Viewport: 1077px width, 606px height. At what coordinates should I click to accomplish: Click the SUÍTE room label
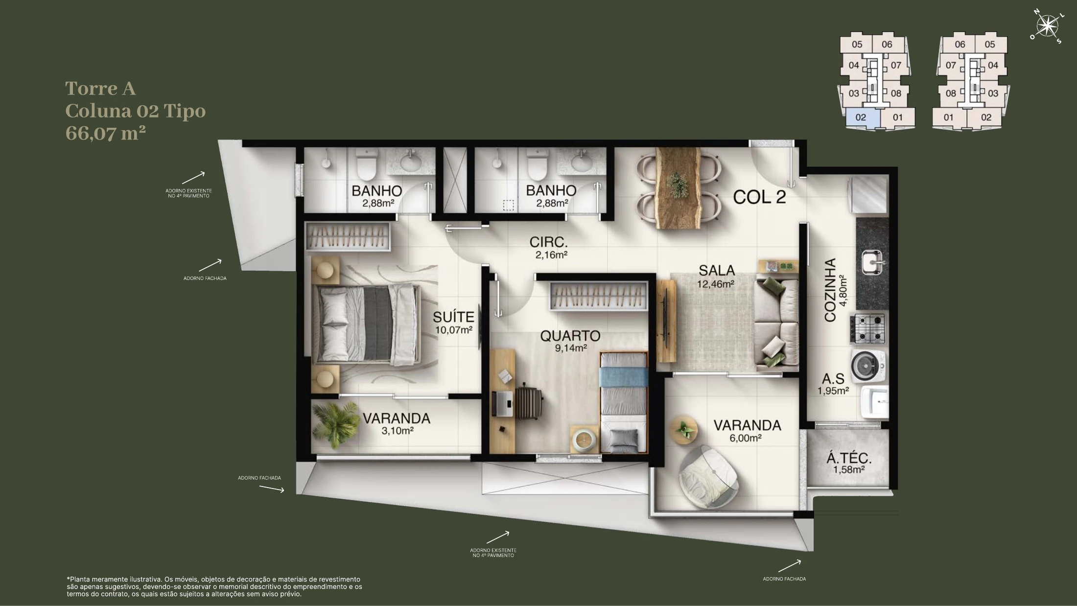coord(454,317)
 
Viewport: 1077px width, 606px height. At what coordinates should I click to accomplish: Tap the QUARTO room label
coord(570,336)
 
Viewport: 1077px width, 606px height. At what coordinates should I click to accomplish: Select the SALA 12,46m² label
coord(717,276)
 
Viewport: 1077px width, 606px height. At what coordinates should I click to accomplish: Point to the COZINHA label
coord(830,290)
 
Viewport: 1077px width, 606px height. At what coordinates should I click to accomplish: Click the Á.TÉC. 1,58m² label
coord(849,464)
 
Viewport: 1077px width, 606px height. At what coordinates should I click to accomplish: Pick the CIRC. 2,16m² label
coord(549,248)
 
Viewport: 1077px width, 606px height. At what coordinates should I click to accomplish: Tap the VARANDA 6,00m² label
coord(747,431)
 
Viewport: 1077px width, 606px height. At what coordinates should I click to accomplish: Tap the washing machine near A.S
coord(869,365)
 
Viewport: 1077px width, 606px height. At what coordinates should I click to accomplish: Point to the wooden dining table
coord(679,188)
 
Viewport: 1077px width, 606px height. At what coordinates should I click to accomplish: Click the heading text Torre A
coord(100,89)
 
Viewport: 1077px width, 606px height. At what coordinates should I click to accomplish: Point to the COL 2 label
coord(759,197)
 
